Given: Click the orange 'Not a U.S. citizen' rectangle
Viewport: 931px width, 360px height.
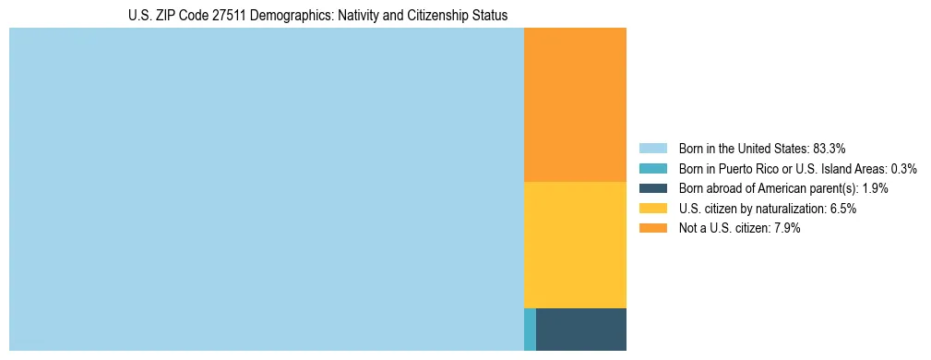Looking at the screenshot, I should [x=575, y=104].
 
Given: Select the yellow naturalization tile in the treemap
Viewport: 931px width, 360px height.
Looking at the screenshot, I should [x=575, y=245].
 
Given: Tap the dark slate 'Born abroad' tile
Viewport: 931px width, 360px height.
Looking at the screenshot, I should [x=581, y=329].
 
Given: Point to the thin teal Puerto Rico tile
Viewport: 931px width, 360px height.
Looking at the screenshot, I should [x=530, y=329].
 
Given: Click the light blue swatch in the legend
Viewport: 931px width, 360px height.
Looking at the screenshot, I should [x=652, y=148].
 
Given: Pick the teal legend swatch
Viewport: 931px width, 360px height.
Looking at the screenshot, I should [x=652, y=168].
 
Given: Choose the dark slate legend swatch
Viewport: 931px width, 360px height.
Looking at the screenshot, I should [x=652, y=188].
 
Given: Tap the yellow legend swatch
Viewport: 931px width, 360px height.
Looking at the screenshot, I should [x=652, y=209].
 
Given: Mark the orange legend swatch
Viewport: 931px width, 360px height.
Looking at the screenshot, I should [x=652, y=229].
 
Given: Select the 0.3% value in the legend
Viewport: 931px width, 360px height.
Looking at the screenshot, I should [x=904, y=168].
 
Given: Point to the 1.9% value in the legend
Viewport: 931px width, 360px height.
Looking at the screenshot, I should [x=876, y=188].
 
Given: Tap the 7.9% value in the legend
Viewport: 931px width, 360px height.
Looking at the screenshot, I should [x=787, y=229].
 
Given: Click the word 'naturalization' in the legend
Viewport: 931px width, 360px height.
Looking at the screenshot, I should [x=793, y=209].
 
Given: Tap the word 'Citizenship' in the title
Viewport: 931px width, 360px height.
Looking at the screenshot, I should [x=412, y=15].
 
